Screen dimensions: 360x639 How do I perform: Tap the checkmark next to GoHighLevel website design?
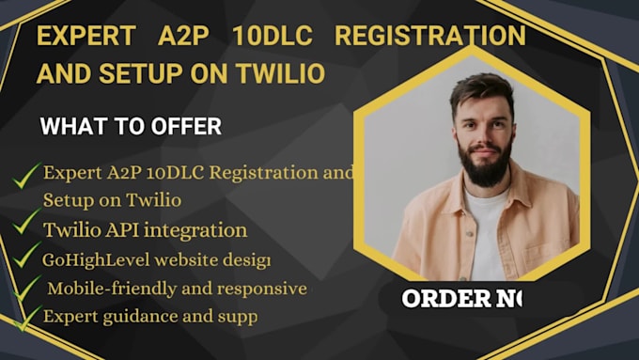coord(25,256)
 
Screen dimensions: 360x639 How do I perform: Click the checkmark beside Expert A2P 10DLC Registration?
coord(27,173)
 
